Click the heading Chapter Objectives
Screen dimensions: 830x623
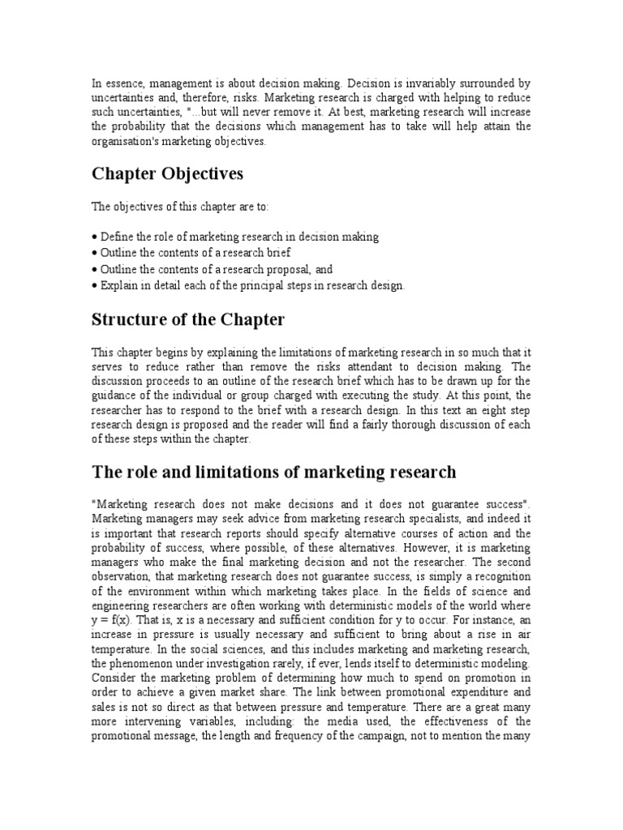click(167, 174)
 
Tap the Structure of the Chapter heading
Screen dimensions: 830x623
click(188, 319)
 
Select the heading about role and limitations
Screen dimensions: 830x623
click(274, 471)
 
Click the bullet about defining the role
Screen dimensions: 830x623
click(235, 237)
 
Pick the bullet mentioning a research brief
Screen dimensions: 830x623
click(191, 253)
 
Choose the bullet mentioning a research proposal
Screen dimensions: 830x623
click(213, 269)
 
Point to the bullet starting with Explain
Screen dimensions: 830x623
click(247, 285)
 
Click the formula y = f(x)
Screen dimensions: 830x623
click(113, 620)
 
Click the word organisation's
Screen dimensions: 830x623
click(129, 141)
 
